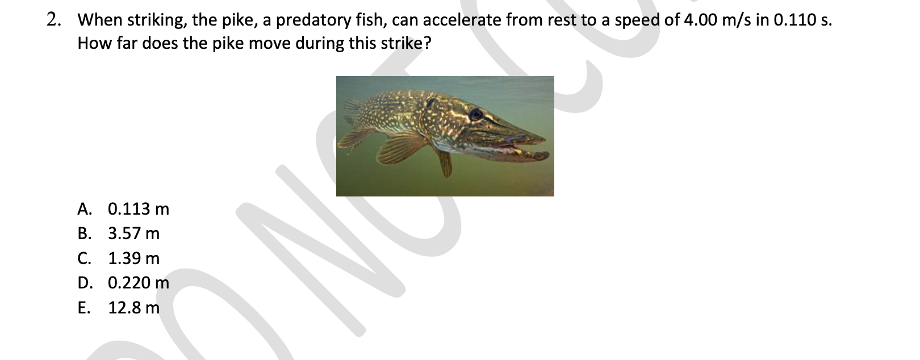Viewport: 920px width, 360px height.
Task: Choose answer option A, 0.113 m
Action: (x=123, y=209)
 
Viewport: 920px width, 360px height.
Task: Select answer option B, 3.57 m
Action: (x=118, y=233)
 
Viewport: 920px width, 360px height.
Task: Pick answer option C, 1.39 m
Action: (x=118, y=258)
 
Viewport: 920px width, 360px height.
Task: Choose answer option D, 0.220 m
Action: (x=123, y=283)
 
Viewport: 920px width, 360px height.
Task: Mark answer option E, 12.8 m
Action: (x=118, y=307)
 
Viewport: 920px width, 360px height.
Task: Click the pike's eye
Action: (x=476, y=114)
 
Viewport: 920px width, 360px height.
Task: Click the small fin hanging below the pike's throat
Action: (x=445, y=164)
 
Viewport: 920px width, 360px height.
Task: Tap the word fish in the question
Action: (x=371, y=20)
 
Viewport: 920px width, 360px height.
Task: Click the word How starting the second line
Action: (x=94, y=43)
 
